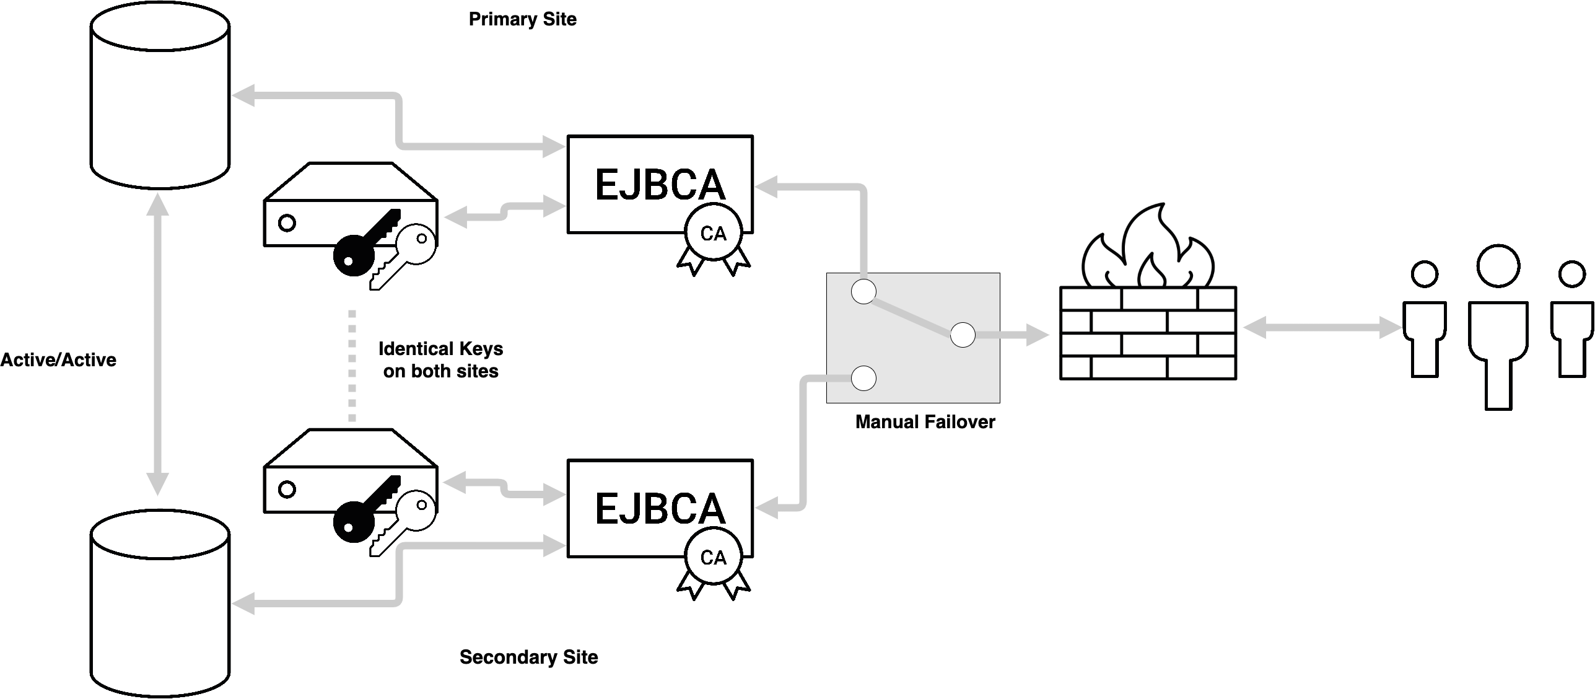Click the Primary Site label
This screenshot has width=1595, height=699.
[x=522, y=19]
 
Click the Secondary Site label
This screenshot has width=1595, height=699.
[x=528, y=657]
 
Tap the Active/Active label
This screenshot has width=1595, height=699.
[x=58, y=360]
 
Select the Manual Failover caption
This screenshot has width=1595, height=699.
[x=925, y=422]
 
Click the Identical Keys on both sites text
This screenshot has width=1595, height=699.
[x=440, y=360]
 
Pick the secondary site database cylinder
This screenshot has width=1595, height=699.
[x=160, y=604]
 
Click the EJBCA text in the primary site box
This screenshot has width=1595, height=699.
[x=660, y=184]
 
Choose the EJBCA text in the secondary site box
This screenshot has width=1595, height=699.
[x=660, y=508]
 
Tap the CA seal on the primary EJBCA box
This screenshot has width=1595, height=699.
[x=713, y=234]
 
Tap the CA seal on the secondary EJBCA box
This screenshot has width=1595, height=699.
[x=713, y=558]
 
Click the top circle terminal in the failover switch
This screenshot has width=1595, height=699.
[x=863, y=291]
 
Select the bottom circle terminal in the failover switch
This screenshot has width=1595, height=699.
[x=863, y=378]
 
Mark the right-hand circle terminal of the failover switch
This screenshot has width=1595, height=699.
[x=963, y=335]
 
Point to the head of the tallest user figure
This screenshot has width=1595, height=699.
[x=1498, y=266]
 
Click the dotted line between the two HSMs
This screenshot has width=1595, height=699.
[x=352, y=366]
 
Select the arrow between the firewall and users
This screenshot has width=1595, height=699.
[x=1321, y=328]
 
